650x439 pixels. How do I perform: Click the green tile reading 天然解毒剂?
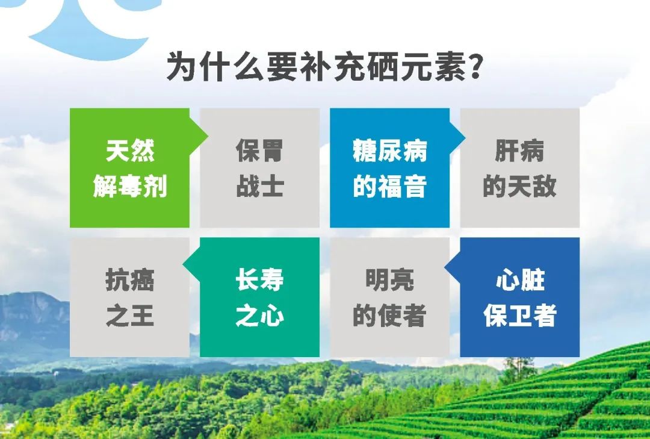(x=129, y=168)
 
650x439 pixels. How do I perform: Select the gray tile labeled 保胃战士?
(x=259, y=168)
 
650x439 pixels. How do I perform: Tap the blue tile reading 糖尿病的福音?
(x=389, y=168)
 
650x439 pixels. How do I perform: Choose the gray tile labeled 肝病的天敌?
(x=519, y=168)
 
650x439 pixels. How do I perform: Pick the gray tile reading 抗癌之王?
(x=129, y=297)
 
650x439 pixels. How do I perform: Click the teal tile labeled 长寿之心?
(x=259, y=297)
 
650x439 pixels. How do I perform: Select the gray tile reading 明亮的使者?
(x=389, y=297)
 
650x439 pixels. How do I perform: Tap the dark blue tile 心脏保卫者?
(x=519, y=297)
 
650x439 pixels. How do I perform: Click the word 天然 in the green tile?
(x=130, y=151)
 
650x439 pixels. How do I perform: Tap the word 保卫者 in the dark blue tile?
(x=519, y=316)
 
